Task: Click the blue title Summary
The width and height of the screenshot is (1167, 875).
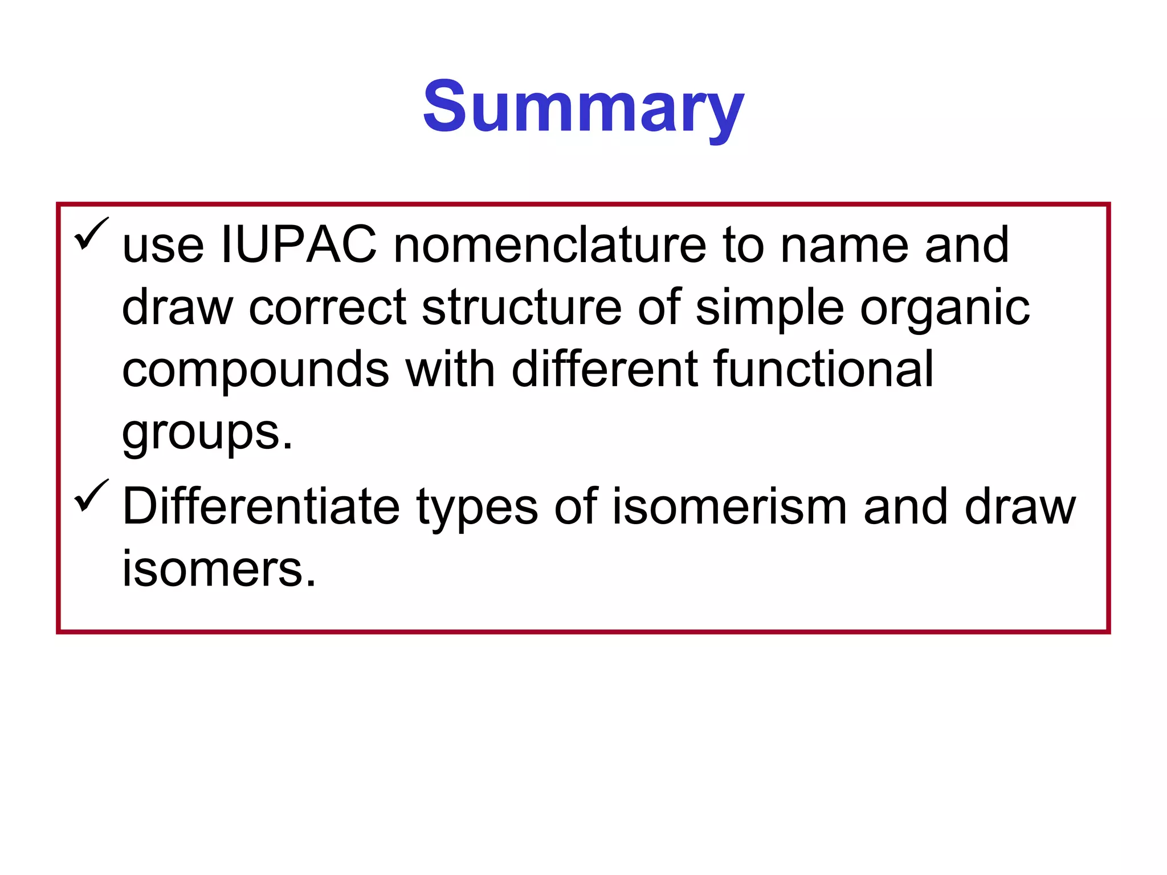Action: pos(583,108)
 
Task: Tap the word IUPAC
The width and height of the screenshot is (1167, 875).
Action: pos(299,246)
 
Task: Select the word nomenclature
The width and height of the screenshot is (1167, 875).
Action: pos(550,246)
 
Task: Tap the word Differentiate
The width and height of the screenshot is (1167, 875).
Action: pos(261,506)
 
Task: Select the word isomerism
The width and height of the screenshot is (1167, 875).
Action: pos(729,506)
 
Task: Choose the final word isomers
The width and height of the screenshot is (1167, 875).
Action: pos(219,569)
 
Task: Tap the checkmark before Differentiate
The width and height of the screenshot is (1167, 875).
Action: pos(91,495)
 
